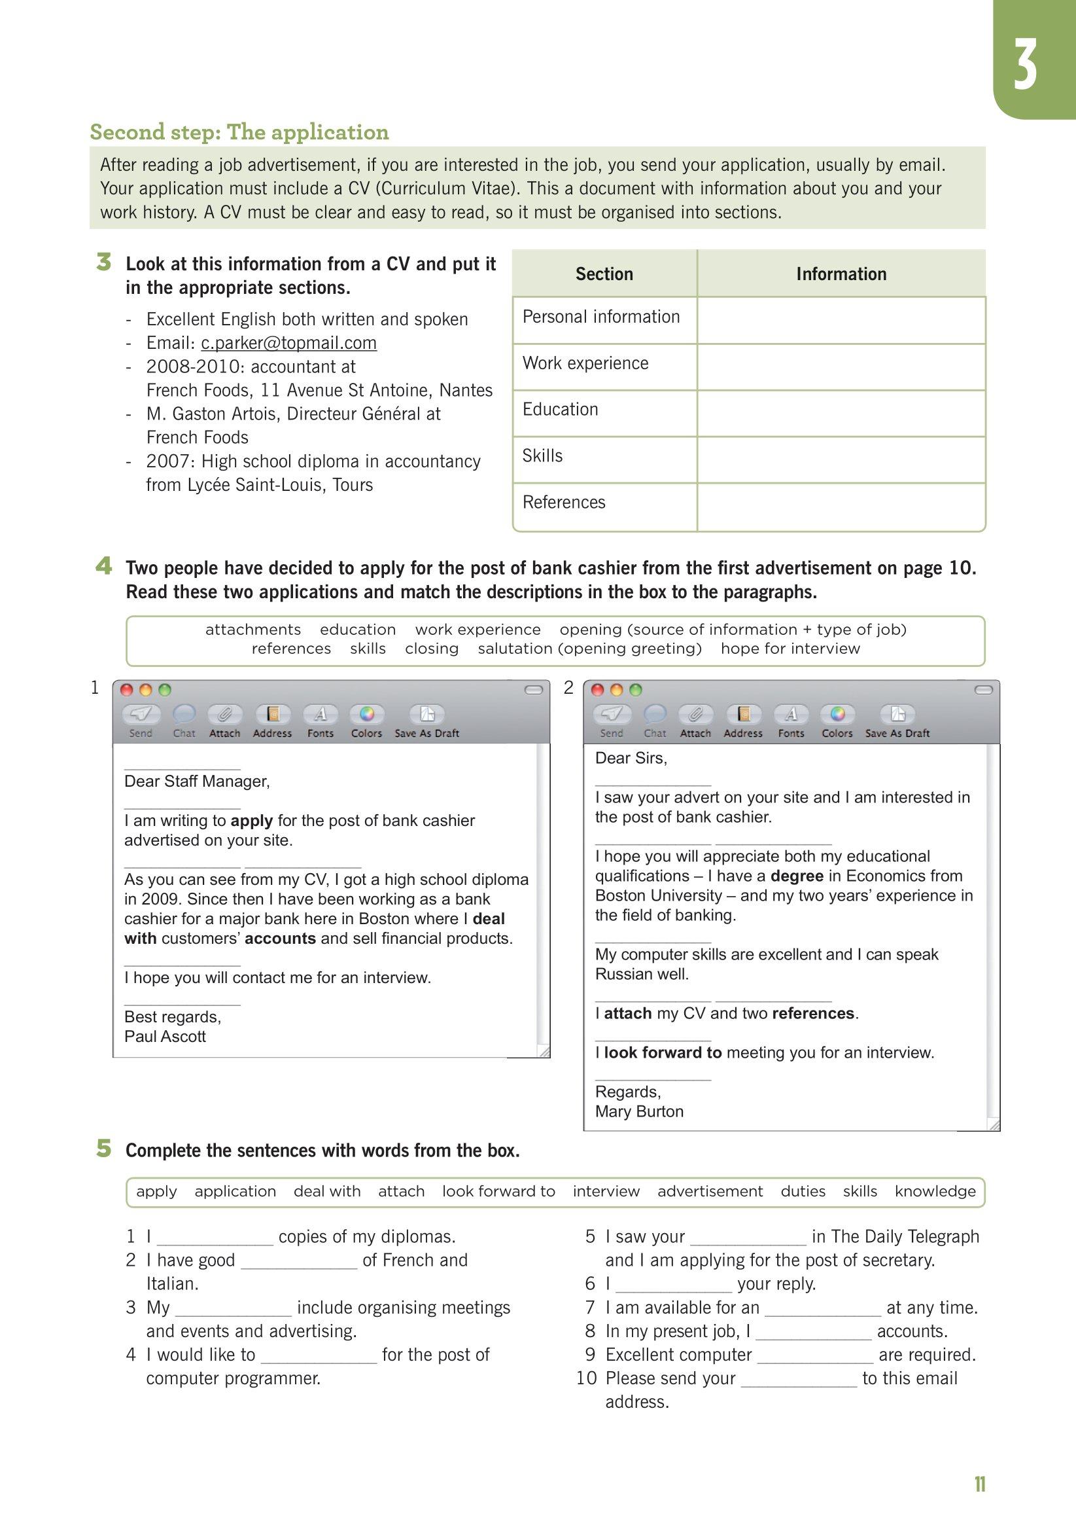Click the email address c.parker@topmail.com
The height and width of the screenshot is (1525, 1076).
pyautogui.click(x=288, y=343)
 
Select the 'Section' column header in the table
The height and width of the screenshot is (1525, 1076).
pyautogui.click(x=604, y=274)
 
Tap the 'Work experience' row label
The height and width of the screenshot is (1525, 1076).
pyautogui.click(x=585, y=363)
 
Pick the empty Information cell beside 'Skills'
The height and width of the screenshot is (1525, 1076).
pyautogui.click(x=841, y=459)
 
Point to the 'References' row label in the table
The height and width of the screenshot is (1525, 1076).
pyautogui.click(x=564, y=502)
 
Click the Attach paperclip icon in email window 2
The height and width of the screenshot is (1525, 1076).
pyautogui.click(x=695, y=715)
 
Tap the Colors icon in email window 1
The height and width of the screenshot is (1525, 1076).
pyautogui.click(x=366, y=715)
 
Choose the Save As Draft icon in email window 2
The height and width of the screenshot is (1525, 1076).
pyautogui.click(x=897, y=715)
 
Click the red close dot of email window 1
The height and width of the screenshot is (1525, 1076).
pyautogui.click(x=126, y=690)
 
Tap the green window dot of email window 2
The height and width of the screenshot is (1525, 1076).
pyautogui.click(x=635, y=690)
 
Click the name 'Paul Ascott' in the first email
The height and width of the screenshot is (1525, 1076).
pyautogui.click(x=165, y=1037)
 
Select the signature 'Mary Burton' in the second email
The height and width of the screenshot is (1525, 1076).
pyautogui.click(x=639, y=1111)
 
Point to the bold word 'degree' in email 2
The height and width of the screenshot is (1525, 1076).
pyautogui.click(x=797, y=876)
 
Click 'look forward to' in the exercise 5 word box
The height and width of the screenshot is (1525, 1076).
pyautogui.click(x=498, y=1192)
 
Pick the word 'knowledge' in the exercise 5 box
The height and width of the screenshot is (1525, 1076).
pyautogui.click(x=935, y=1192)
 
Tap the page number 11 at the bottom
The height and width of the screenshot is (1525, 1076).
pyautogui.click(x=979, y=1485)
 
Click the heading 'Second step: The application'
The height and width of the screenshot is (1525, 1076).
pyautogui.click(x=239, y=132)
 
